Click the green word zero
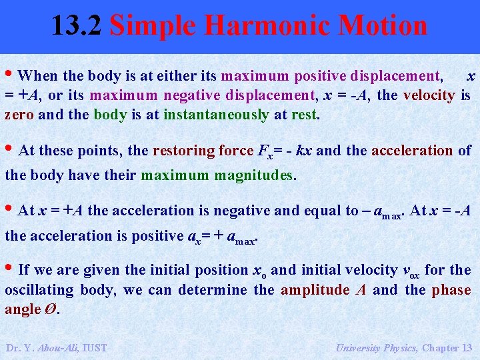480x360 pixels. coord(20,115)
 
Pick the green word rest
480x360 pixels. coord(305,115)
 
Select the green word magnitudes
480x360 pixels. coord(254,176)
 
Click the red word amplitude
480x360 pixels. coord(315,290)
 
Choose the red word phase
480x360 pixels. coord(451,290)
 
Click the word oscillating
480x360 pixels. coord(39,290)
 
